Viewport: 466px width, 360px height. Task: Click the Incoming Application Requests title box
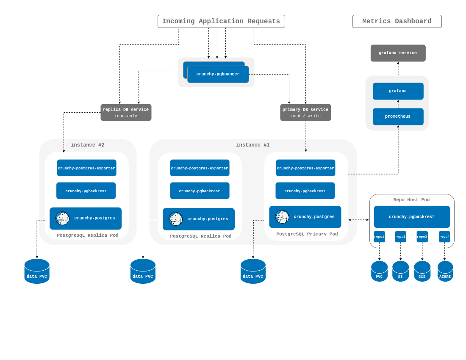pos(221,21)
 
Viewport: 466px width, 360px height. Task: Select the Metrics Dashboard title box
pos(397,21)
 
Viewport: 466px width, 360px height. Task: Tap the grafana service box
pos(398,53)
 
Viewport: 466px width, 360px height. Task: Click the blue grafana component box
pos(398,91)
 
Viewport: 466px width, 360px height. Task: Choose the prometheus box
pos(398,116)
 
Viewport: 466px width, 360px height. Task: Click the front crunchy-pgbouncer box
pos(218,75)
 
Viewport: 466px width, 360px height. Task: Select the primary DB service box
pos(305,113)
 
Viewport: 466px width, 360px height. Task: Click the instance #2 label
pos(88,145)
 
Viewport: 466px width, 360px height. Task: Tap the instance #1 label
pos(253,145)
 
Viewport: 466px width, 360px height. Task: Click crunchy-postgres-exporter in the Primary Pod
pos(305,168)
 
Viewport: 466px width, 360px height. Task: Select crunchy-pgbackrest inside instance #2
pos(86,191)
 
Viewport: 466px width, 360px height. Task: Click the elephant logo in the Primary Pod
pos(282,217)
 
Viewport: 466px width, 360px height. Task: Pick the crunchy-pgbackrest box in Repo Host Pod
pos(412,217)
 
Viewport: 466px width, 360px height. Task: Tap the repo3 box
pos(422,237)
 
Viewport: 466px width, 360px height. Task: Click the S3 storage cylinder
pos(400,271)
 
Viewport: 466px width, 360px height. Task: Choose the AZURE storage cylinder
pos(445,271)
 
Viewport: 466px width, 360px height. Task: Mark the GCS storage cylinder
pos(422,271)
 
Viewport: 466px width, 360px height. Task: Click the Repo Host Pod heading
pos(411,200)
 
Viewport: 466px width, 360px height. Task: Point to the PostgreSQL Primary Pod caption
pos(307,234)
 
